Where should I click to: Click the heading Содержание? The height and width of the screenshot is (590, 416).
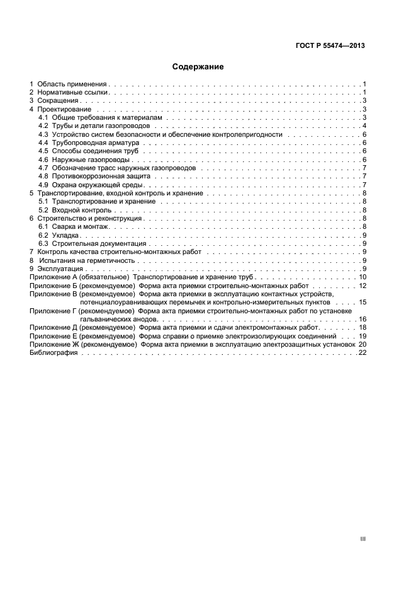[198, 66]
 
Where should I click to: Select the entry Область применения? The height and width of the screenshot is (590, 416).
[72, 84]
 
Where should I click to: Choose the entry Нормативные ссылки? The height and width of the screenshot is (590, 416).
[73, 92]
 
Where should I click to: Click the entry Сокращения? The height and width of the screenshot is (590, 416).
[58, 101]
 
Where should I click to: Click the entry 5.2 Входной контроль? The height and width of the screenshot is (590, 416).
[75, 210]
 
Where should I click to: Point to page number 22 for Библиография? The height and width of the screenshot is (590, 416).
[362, 353]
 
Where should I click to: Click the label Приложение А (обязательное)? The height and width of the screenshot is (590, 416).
[79, 277]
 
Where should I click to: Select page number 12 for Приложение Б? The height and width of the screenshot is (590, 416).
[362, 286]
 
